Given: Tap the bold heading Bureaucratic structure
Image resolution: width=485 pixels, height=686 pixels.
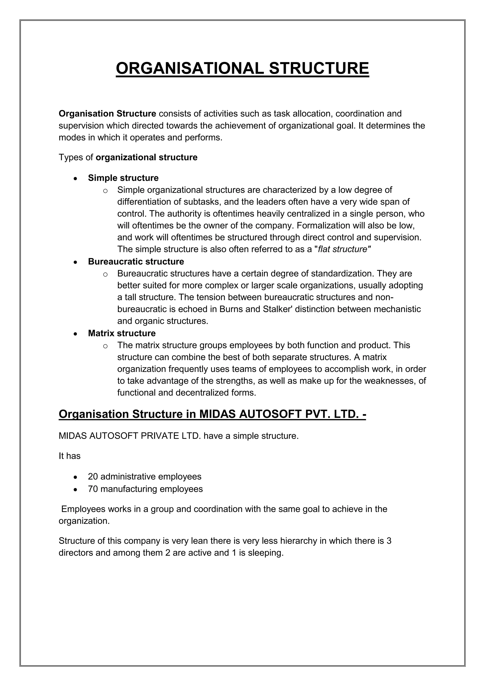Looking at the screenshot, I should pos(136,262).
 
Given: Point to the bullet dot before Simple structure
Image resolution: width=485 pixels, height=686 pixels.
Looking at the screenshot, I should pos(76,179).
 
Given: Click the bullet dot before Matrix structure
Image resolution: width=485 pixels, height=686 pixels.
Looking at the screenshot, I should pos(76,334).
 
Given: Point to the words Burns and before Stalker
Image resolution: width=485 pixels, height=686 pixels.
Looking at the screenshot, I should pos(240,309).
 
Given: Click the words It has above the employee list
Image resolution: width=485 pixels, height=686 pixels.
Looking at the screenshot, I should pos(70,456).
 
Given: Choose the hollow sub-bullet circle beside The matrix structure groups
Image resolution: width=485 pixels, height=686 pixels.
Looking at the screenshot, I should pos(105,346).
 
